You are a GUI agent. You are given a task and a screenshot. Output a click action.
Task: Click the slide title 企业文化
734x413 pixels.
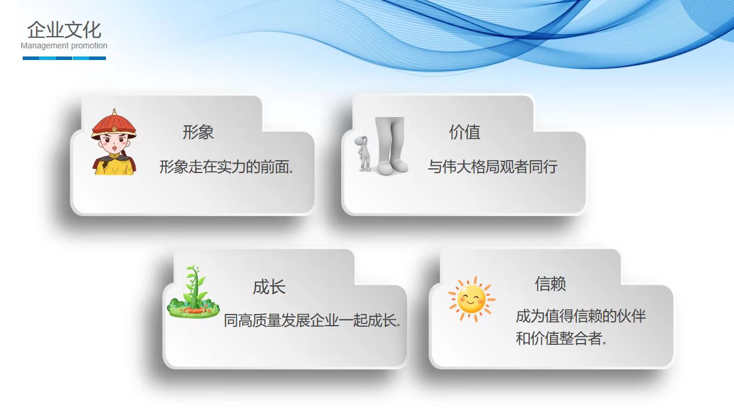[64, 30]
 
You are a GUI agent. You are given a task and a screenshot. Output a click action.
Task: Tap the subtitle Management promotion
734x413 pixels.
[64, 45]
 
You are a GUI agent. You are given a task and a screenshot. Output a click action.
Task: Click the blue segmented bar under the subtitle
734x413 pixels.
[64, 58]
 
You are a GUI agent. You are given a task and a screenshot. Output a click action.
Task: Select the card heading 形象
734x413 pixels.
[198, 132]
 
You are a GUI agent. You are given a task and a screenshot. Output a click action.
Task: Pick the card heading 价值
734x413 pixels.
[464, 132]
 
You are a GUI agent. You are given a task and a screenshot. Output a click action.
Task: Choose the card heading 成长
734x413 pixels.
[269, 287]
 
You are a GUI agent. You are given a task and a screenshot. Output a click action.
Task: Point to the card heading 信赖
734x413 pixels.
[551, 284]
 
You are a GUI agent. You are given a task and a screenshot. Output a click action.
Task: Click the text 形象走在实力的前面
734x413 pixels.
[226, 167]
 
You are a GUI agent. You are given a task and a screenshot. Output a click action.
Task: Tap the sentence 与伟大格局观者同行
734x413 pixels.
[493, 167]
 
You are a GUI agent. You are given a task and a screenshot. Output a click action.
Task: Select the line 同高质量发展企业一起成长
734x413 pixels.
[313, 320]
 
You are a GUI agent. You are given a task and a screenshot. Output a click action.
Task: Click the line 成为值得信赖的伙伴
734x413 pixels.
[581, 316]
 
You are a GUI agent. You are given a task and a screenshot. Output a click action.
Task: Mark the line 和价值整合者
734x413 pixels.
[561, 338]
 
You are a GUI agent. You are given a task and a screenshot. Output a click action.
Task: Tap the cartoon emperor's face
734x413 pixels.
[114, 144]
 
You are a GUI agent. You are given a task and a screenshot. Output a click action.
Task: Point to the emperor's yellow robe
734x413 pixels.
[114, 165]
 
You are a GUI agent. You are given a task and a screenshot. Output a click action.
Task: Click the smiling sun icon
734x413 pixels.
[471, 299]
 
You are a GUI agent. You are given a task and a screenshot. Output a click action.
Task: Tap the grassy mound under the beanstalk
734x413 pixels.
[193, 309]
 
